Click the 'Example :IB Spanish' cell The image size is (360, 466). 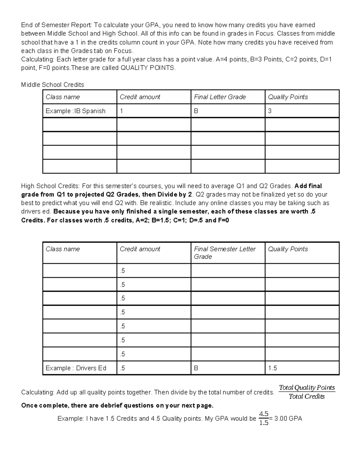point(76,111)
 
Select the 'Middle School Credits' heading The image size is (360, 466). point(52,85)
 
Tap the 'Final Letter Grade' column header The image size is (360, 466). point(220,97)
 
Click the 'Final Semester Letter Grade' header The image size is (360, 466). point(224,253)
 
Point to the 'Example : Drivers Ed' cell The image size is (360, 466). point(76,368)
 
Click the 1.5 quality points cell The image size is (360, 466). point(272,368)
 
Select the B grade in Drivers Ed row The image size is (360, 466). point(196,368)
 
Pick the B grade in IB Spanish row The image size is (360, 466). point(196,111)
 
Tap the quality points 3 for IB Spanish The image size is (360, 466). point(270,111)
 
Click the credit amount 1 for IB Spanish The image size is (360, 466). point(121,111)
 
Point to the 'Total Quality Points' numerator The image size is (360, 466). point(307,387)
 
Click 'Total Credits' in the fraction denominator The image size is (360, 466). point(307,396)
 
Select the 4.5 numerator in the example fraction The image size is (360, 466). point(263,414)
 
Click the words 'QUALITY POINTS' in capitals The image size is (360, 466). point(147,68)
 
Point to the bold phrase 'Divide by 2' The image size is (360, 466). point(174,194)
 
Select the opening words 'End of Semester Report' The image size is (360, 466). point(57,25)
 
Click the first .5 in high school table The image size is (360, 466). point(122,271)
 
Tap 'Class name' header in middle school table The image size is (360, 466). point(63,97)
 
